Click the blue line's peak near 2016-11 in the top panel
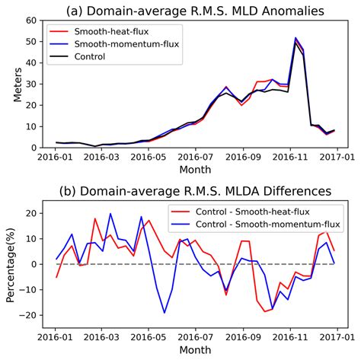(x=296, y=37)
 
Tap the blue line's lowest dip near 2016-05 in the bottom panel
(x=165, y=312)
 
